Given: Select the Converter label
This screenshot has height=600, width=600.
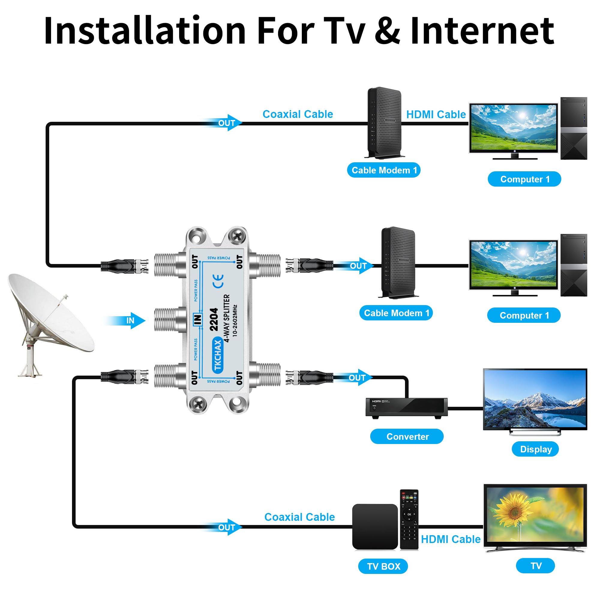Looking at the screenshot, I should coord(407,436).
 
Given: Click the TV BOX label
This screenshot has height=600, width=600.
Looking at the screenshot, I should coord(383,566).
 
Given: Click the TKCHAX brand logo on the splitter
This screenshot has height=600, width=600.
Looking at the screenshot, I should coord(218,355).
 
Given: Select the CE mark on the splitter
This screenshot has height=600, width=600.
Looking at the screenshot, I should coord(218,281).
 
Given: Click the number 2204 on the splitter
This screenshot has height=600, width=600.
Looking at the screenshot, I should coord(214,319).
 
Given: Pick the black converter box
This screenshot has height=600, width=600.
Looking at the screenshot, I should coord(406,407).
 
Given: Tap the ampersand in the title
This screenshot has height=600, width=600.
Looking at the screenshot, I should coord(387,31).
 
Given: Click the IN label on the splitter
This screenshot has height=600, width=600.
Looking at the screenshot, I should coord(197,319).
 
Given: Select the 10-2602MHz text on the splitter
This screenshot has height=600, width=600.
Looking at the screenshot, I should coord(235,320).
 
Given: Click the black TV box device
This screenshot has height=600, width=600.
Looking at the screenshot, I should coord(375,527).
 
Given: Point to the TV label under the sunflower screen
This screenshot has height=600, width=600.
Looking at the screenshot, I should coord(535,566).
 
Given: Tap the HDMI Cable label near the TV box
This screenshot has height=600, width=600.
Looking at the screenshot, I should coord(450,539).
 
